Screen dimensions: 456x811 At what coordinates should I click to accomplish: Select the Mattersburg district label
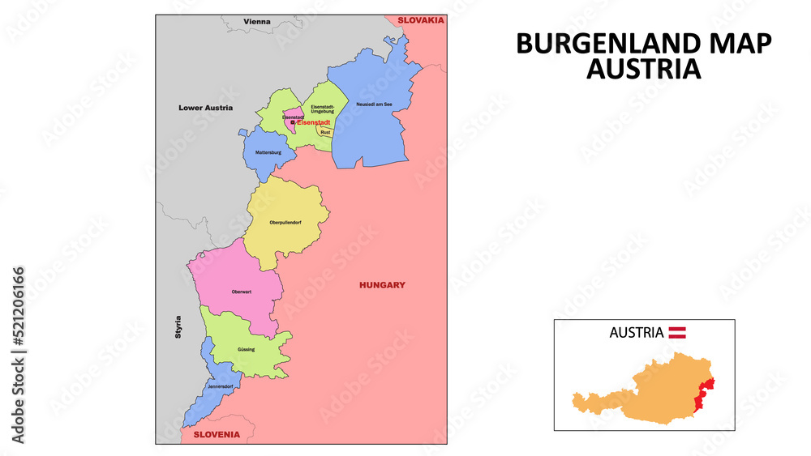point(268,152)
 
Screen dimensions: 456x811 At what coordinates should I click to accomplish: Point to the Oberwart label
point(241,292)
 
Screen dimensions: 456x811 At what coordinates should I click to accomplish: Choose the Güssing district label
point(246,349)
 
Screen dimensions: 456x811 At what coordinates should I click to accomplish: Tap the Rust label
point(325,131)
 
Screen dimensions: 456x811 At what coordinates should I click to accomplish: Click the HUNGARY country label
point(382,285)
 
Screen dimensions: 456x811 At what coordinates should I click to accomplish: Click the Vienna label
point(257,21)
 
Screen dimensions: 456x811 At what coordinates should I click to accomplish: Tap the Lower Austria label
point(205,107)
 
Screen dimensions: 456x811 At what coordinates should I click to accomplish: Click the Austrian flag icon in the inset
point(677,332)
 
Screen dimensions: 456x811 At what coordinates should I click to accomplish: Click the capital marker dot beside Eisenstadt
point(293,123)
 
